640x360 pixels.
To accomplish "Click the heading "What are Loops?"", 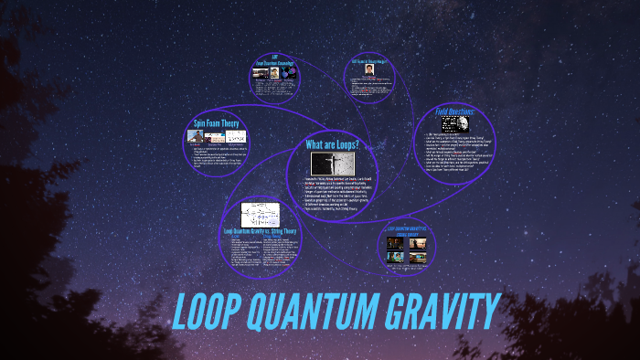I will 333,145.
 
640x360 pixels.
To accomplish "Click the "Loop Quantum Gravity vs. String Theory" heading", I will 260,231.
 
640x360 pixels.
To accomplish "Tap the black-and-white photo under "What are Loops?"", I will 328,164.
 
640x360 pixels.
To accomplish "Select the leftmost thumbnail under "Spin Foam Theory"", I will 195,136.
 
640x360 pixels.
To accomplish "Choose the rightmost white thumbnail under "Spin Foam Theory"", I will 236,136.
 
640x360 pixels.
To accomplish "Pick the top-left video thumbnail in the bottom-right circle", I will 394,243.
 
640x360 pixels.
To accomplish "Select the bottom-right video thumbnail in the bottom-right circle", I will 417,257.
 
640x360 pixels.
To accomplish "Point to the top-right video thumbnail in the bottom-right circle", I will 417,243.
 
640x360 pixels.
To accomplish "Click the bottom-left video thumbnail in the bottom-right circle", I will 394,257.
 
